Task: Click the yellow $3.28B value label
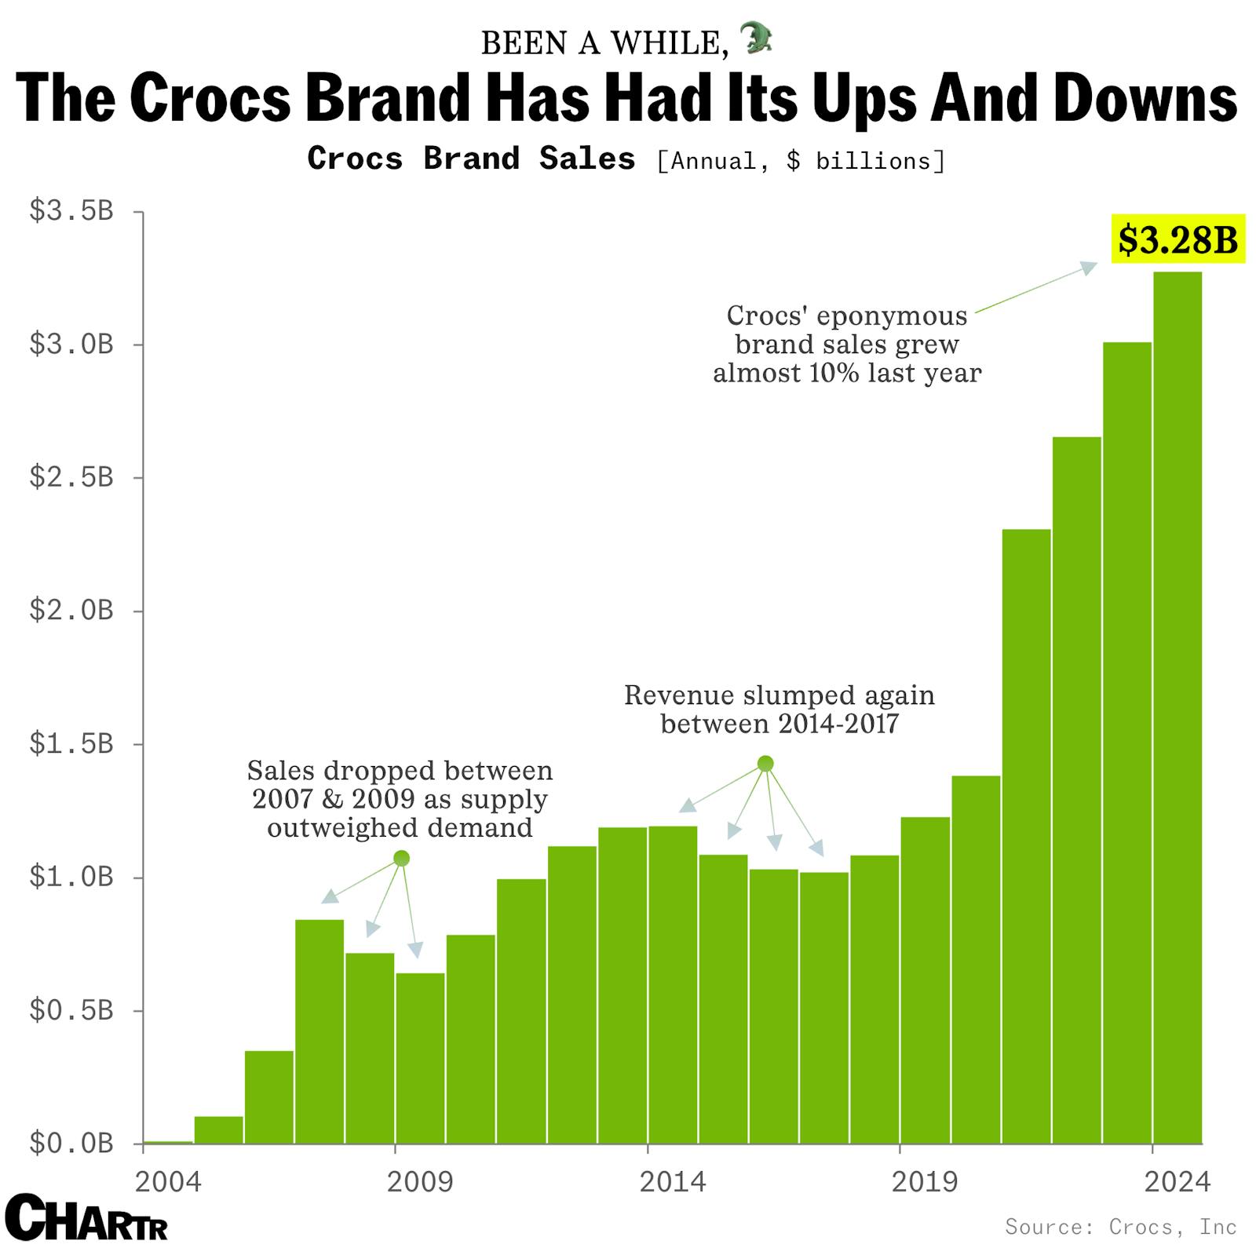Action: point(1177,239)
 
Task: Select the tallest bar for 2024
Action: point(1177,706)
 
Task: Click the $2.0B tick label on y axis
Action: point(71,610)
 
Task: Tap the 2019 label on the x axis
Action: point(925,1180)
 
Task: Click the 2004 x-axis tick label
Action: point(168,1180)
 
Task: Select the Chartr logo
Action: point(86,1218)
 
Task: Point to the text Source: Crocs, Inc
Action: point(1120,1226)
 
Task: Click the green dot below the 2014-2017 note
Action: point(765,764)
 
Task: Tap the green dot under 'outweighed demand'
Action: point(401,858)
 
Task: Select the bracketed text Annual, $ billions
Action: point(801,161)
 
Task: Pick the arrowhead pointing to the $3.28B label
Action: point(1089,267)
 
